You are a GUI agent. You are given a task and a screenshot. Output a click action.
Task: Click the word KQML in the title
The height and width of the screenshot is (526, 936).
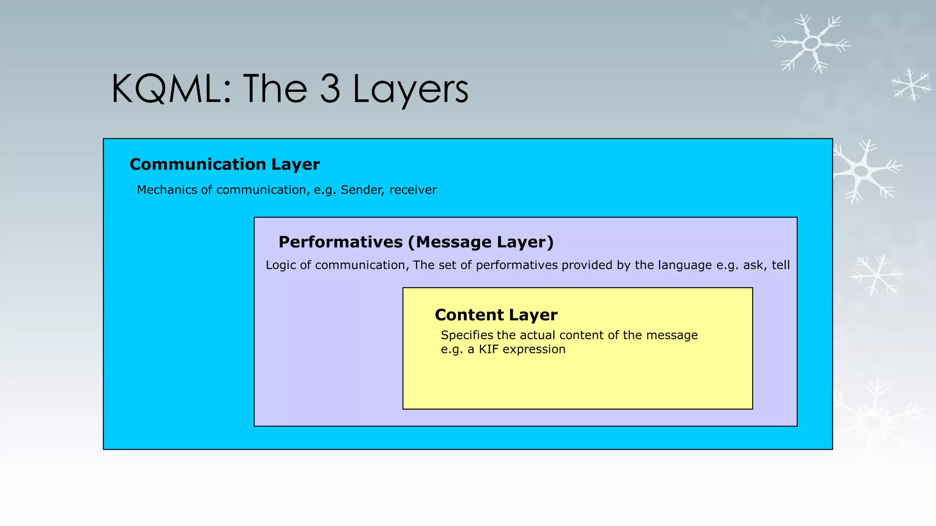167,89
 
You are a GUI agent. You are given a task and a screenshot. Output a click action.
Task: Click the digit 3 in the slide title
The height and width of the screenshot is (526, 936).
330,89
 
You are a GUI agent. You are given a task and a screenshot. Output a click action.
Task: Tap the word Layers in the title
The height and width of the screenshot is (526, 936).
410,89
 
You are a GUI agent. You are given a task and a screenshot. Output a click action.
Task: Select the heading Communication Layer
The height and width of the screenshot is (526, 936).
224,164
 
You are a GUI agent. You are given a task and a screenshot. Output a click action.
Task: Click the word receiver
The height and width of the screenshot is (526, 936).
413,190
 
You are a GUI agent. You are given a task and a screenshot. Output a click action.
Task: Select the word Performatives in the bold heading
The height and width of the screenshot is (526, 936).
340,242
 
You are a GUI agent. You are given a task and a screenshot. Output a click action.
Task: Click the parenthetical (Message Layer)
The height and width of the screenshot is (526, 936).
480,242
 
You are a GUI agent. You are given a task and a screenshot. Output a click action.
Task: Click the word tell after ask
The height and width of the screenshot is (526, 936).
781,265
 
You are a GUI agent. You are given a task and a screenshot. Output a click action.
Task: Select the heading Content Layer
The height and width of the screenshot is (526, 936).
496,315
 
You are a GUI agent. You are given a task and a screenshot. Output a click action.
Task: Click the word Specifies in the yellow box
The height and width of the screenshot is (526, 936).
467,336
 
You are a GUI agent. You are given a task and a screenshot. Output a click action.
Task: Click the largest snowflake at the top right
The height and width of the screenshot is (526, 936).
811,43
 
